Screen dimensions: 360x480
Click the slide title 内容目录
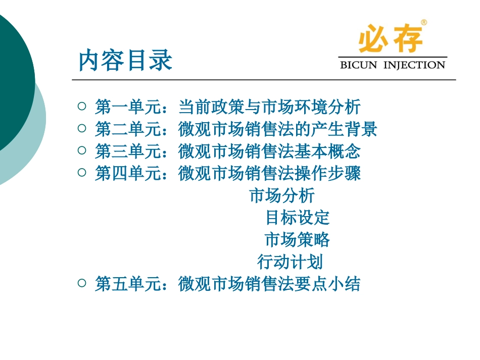coord(126,60)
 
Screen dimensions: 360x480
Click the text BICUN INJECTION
coord(393,65)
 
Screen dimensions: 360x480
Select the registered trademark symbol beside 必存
coord(423,23)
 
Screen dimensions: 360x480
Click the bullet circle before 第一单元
coord(82,107)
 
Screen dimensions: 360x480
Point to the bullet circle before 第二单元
coord(82,129)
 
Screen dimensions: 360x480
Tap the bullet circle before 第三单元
coord(82,150)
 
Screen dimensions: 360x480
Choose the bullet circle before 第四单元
coord(82,173)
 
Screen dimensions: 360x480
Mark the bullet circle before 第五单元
coord(82,283)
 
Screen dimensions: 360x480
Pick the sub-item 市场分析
coord(282,195)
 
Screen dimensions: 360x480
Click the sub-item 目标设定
coord(298,218)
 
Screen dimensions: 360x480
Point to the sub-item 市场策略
coord(297,240)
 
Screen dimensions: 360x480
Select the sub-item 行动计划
coord(290,262)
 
